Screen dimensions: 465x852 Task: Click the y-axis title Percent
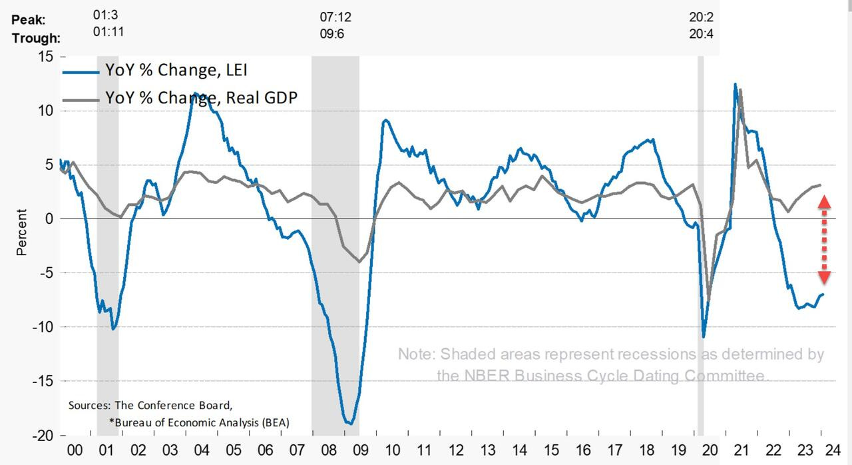pos(22,232)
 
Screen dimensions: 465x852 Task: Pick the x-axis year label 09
pos(359,450)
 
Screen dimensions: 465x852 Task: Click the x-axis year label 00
pos(76,450)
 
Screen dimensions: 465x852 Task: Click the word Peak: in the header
pos(29,20)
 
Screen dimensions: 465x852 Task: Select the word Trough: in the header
pos(36,37)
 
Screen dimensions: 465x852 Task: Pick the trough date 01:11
pos(110,31)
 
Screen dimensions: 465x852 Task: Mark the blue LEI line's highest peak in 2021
pos(735,84)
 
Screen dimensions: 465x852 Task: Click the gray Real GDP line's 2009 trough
pos(359,262)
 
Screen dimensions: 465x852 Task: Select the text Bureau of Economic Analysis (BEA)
pos(202,422)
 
